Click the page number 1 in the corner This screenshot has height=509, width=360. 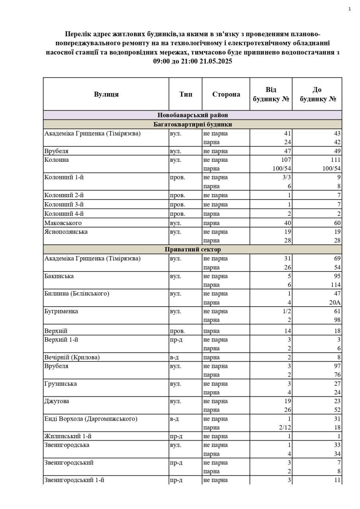[x=349, y=9]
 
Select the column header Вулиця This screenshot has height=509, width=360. [x=106, y=94]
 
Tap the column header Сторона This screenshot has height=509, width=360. [x=226, y=94]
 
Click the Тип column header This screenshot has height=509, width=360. [x=185, y=94]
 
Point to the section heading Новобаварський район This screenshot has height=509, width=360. [x=193, y=115]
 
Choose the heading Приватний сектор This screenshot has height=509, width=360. [x=193, y=249]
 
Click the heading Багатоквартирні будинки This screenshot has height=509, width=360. [x=193, y=124]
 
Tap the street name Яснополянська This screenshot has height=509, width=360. [x=66, y=231]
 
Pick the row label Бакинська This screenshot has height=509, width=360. [x=59, y=276]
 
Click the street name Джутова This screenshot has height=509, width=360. [x=56, y=401]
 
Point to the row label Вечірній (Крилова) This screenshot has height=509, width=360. [x=72, y=357]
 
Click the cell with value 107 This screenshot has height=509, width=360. [x=286, y=160]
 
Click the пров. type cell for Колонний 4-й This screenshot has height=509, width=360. [x=177, y=214]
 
